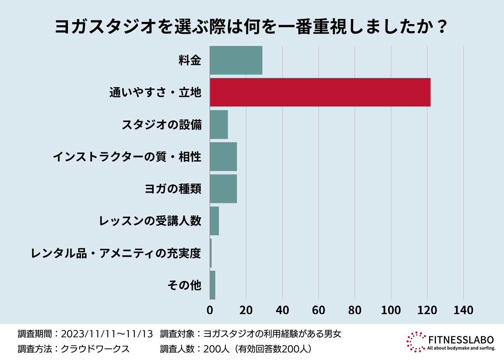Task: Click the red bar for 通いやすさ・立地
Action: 320,92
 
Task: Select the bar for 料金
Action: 236,60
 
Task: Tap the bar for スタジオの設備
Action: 219,125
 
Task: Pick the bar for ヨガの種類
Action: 223,189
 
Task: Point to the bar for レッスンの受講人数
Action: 214,221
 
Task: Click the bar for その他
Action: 212,285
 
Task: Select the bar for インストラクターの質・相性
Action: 223,157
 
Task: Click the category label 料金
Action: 190,60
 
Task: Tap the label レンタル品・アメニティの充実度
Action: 116,253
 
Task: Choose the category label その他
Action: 184,285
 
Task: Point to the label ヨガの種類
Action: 173,189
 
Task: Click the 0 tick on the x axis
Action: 210,310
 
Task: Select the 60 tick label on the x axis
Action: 319,310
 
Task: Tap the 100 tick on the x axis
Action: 391,310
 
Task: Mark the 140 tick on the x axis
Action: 463,310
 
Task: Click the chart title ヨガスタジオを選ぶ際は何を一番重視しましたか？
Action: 252,27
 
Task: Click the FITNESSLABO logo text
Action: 461,339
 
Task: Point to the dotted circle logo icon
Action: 416,342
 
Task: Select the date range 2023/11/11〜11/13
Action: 107,334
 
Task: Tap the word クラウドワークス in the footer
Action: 95,349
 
